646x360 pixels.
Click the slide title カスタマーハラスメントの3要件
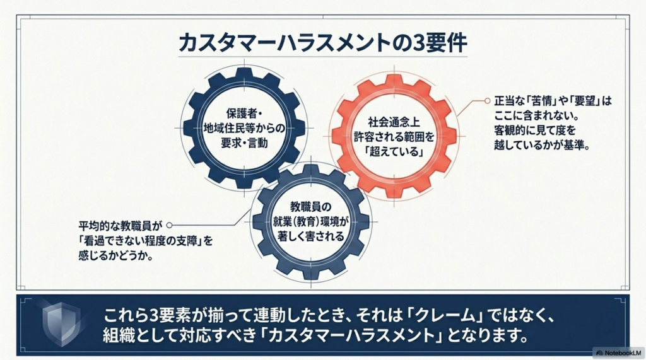[x=323, y=44]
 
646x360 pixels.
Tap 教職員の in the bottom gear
[x=310, y=207]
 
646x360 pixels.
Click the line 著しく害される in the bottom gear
[x=310, y=236]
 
